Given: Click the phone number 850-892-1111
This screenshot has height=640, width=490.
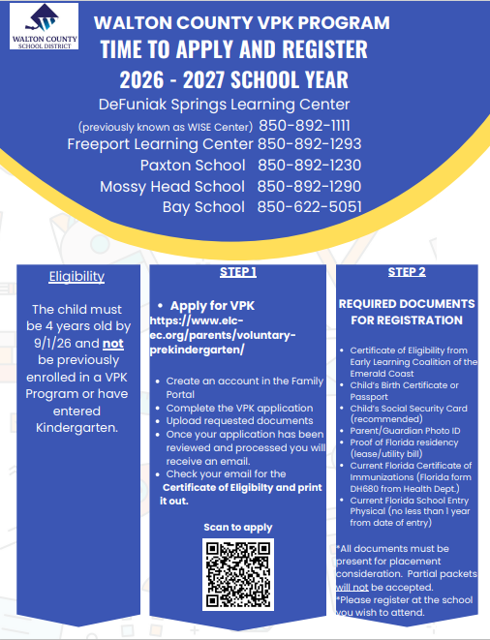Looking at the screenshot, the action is pyautogui.click(x=303, y=126).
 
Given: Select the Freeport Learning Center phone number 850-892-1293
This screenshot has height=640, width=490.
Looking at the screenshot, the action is pyautogui.click(x=309, y=144).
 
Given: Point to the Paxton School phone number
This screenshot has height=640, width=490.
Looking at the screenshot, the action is pyautogui.click(x=309, y=166).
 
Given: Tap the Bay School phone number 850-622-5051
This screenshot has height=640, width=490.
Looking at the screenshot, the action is pyautogui.click(x=309, y=206).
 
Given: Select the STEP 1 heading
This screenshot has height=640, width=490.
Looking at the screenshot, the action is pyautogui.click(x=237, y=272).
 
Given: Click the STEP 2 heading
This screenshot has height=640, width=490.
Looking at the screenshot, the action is pyautogui.click(x=407, y=272).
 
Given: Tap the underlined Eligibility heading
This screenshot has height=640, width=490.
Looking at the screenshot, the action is pyautogui.click(x=77, y=277).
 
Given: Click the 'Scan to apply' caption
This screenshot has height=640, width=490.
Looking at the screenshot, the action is pyautogui.click(x=237, y=527).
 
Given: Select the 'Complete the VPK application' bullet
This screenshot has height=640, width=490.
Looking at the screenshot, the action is pyautogui.click(x=238, y=408).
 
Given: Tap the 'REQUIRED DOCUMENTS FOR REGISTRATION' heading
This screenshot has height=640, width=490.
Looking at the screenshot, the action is pyautogui.click(x=407, y=312).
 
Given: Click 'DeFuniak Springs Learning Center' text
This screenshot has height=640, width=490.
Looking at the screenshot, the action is pyautogui.click(x=224, y=105).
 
